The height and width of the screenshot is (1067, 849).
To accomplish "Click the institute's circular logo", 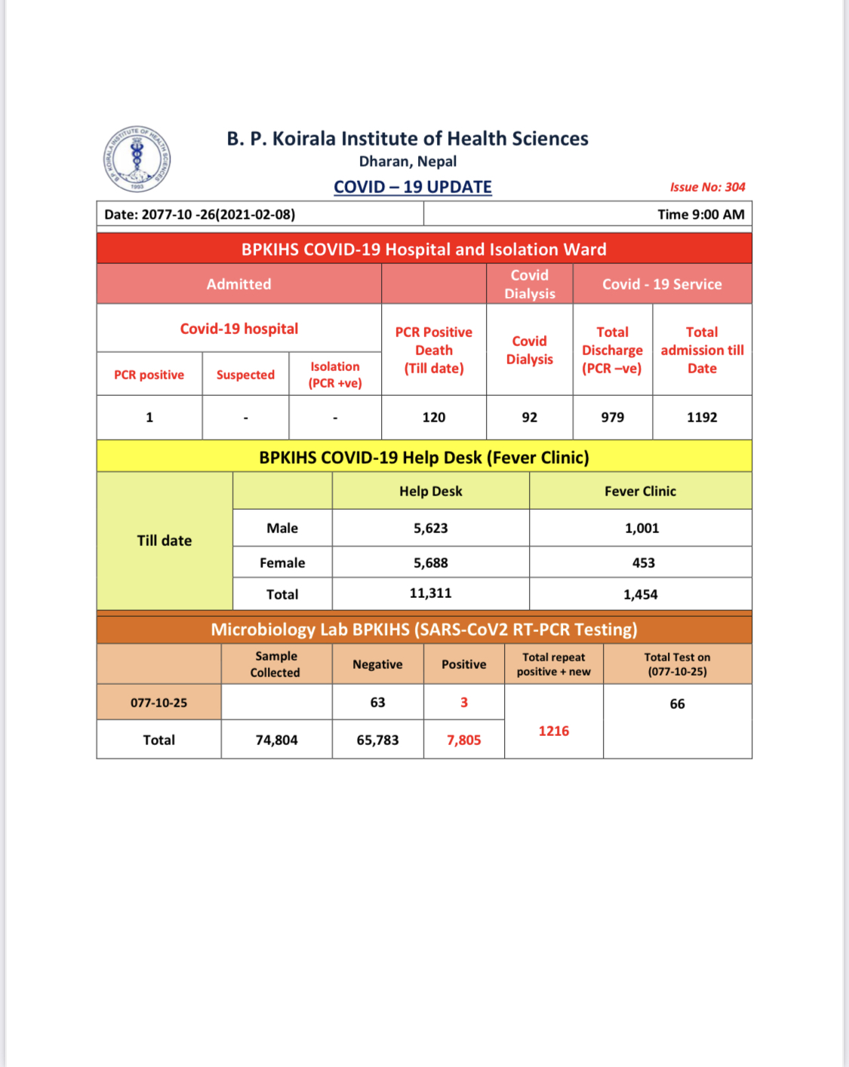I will tap(137, 158).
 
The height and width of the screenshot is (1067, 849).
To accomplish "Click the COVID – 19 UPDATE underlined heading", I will tap(413, 187).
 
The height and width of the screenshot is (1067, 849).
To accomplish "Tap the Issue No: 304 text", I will tap(707, 187).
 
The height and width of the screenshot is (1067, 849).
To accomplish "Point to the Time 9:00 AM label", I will tap(700, 214).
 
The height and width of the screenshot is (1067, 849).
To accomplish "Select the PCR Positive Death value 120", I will tap(434, 417).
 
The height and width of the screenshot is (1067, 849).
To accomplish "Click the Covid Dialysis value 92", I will tap(530, 417).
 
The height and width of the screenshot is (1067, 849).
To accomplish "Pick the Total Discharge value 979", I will tap(613, 417).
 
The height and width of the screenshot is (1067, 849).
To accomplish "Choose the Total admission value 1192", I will tap(702, 417).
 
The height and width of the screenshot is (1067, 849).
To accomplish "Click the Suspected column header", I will tap(245, 375).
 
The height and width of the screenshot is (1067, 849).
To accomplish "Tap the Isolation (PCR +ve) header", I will tap(335, 375).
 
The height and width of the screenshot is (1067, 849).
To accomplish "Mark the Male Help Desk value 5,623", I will tap(431, 529).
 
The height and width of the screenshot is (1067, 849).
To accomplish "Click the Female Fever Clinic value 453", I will tap(644, 563).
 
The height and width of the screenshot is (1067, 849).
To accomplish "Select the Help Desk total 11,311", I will tap(431, 593).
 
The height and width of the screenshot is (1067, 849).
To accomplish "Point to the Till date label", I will tap(165, 541).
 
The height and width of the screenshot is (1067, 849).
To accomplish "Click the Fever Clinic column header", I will tap(640, 491).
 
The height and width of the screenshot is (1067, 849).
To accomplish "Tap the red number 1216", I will tap(554, 731).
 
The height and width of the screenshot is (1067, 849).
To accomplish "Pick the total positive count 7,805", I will tap(464, 740).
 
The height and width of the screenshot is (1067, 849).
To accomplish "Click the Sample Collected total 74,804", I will tap(277, 740).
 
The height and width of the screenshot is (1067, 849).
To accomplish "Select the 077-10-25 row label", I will tap(158, 703).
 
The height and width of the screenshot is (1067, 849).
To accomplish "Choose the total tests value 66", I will tap(678, 704).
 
